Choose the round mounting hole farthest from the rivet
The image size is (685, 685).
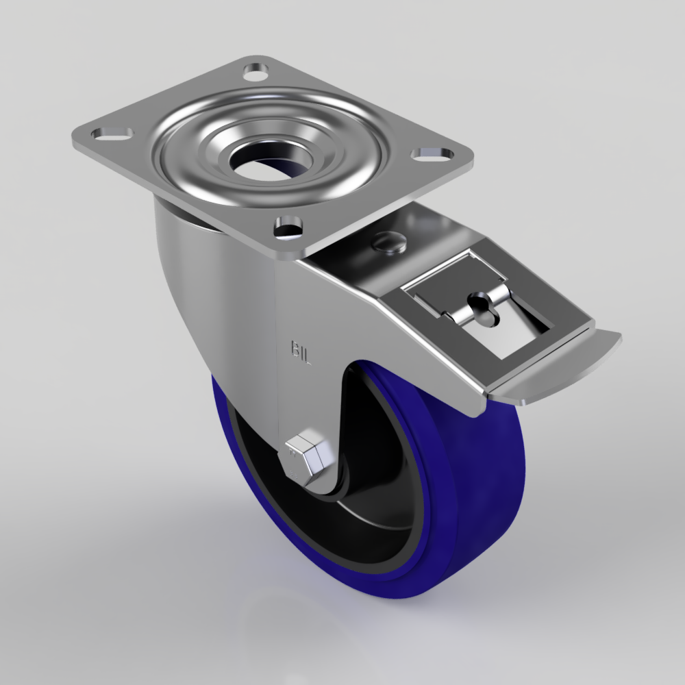click(256, 71)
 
